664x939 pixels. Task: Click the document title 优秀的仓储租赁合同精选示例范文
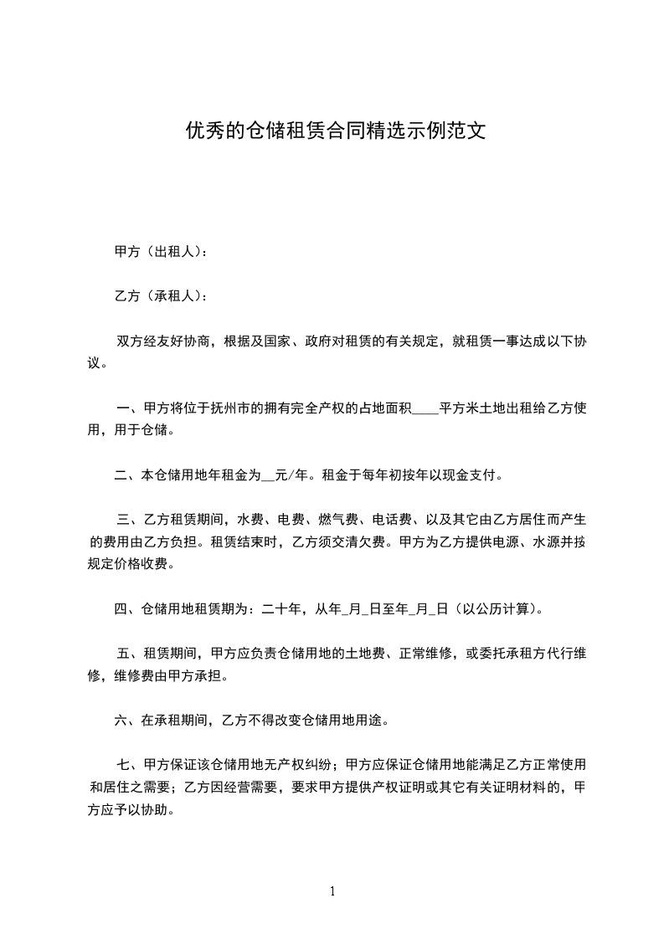coord(335,131)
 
